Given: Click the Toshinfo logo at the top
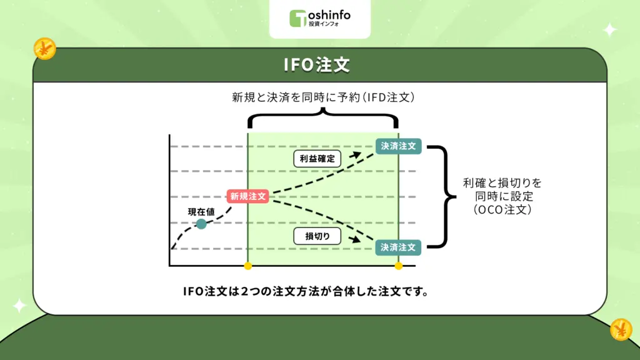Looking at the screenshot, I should (319, 17).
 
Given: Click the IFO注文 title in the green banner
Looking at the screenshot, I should (319, 65).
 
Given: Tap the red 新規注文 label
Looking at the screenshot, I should (248, 196).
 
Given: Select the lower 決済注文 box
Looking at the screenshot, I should (398, 247).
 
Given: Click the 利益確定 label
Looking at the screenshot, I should (317, 159).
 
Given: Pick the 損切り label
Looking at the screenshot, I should (314, 236).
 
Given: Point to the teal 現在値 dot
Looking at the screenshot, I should (201, 224).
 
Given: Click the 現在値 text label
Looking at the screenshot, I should (201, 212).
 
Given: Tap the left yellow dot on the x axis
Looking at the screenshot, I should (248, 266).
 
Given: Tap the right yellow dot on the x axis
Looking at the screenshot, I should (398, 266).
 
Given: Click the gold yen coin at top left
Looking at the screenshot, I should (45, 49).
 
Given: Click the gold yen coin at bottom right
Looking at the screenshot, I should (621, 329).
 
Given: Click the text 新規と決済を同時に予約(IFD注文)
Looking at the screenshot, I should (322, 98).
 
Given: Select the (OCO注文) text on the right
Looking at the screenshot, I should (502, 211).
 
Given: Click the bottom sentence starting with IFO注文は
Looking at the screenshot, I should (306, 291).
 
